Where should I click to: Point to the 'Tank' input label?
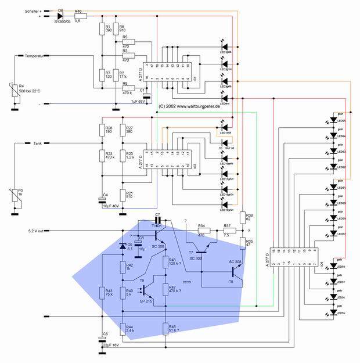[35, 142]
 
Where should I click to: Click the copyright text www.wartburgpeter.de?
[189, 106]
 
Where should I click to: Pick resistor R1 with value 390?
[102, 29]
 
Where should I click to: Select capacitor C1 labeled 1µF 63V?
[147, 95]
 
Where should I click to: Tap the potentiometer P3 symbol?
[16, 197]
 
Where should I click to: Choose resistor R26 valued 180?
[102, 131]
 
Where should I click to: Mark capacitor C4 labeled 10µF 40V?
[102, 200]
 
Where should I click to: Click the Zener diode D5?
[123, 245]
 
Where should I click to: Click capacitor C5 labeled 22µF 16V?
[102, 341]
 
